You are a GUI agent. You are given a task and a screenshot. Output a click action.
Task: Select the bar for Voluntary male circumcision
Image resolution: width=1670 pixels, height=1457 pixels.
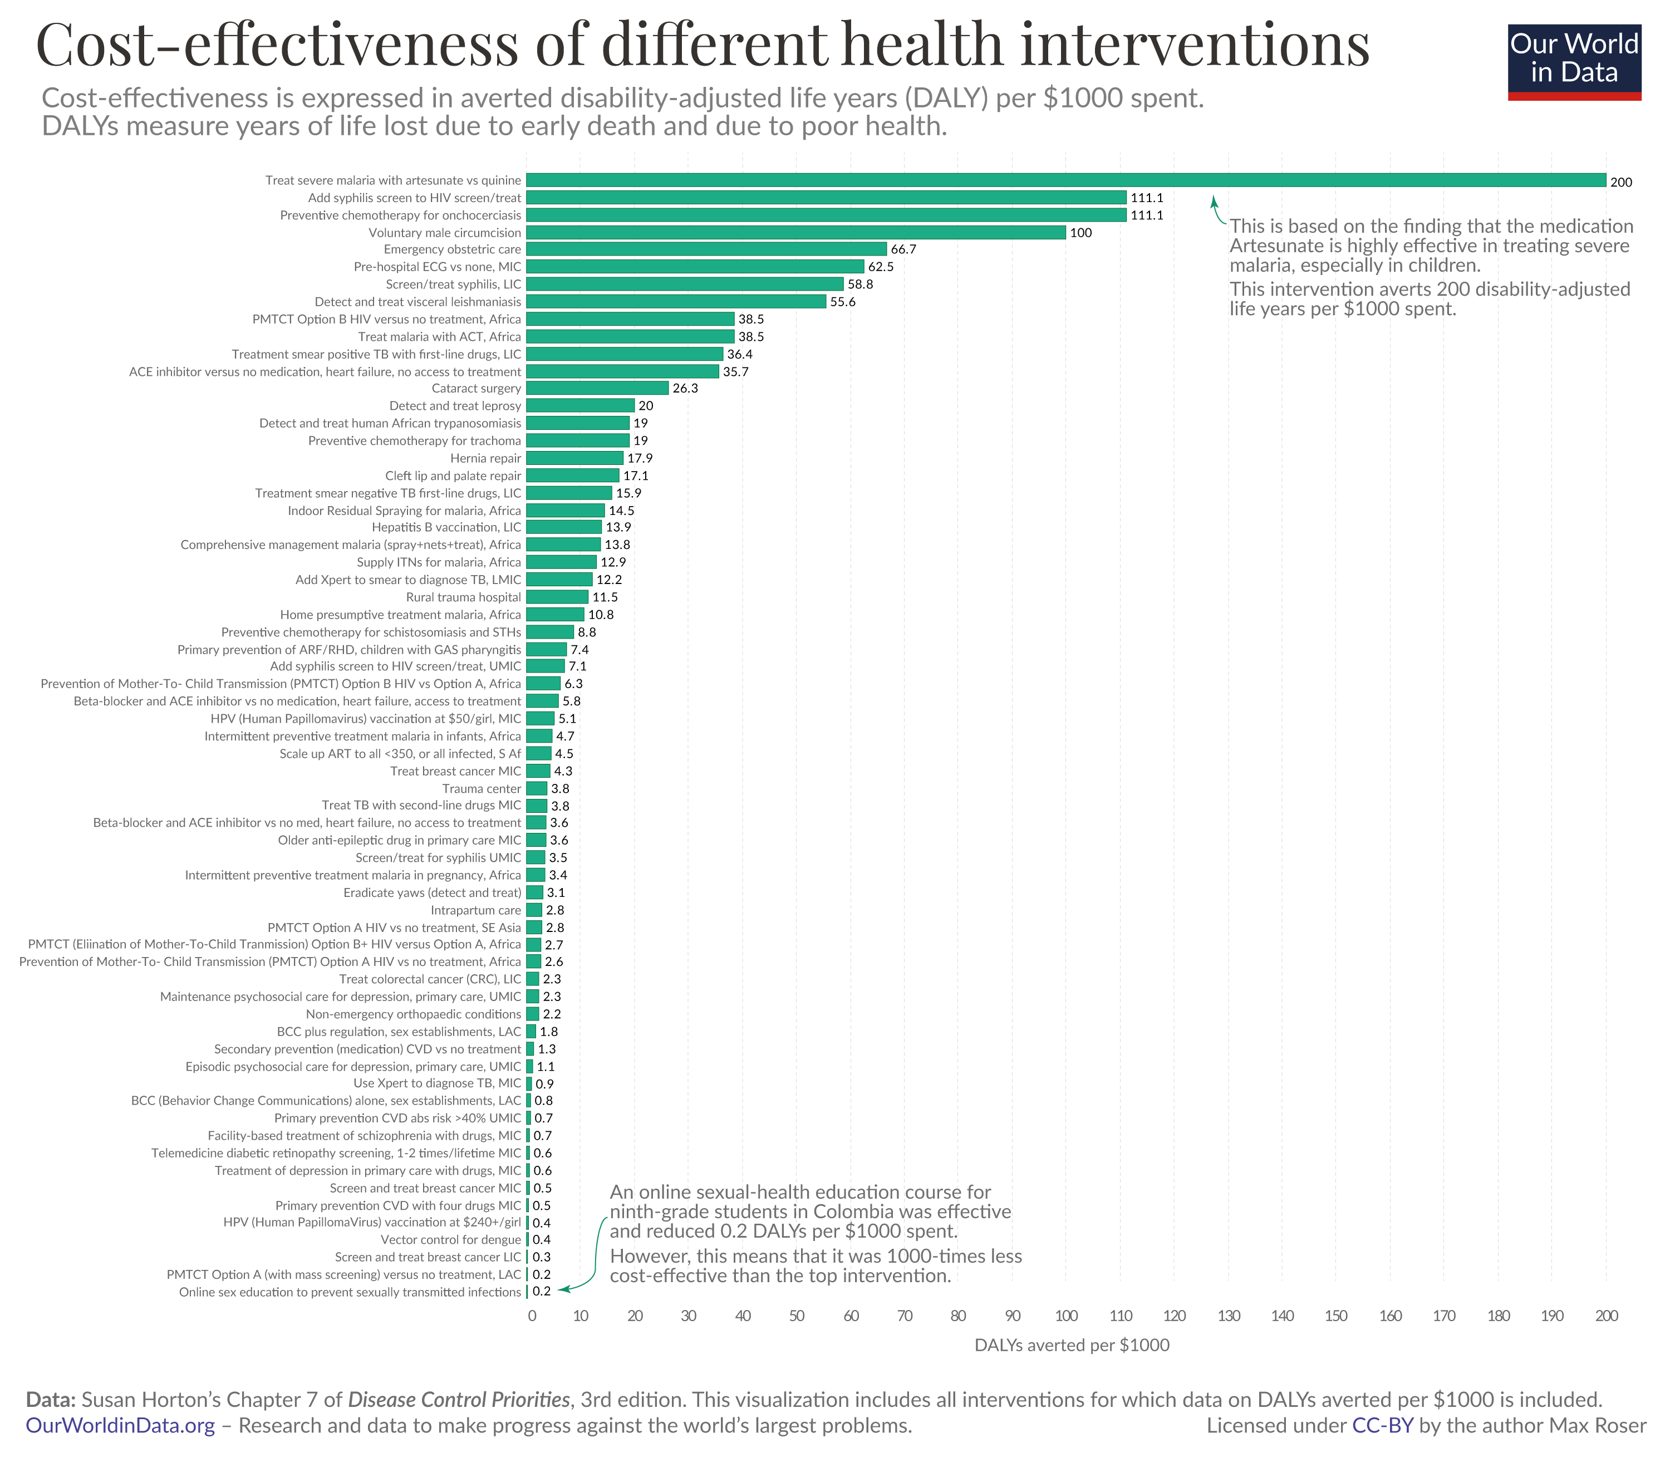(x=795, y=233)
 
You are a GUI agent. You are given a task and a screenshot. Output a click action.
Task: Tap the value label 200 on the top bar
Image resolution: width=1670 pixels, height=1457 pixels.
(x=1620, y=182)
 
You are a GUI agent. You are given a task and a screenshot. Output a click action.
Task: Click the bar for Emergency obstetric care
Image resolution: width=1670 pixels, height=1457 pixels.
(x=706, y=249)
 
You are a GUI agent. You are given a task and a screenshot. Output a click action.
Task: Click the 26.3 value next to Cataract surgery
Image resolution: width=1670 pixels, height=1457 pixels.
(x=685, y=389)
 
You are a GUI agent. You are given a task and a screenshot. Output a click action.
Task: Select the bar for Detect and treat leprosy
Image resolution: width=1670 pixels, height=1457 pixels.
(x=579, y=406)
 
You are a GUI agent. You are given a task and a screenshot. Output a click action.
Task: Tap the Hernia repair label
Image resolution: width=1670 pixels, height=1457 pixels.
(x=485, y=459)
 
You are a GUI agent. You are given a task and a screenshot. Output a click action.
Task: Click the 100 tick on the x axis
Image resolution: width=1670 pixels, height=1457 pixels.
(x=1066, y=1316)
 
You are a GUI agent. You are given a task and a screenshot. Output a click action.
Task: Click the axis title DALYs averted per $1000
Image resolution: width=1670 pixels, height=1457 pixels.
(x=1072, y=1346)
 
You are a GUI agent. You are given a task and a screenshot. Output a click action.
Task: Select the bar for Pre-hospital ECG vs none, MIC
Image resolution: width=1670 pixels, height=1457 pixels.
(x=694, y=267)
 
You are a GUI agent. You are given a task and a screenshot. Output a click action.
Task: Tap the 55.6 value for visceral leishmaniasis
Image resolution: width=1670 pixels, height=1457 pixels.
(x=842, y=302)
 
